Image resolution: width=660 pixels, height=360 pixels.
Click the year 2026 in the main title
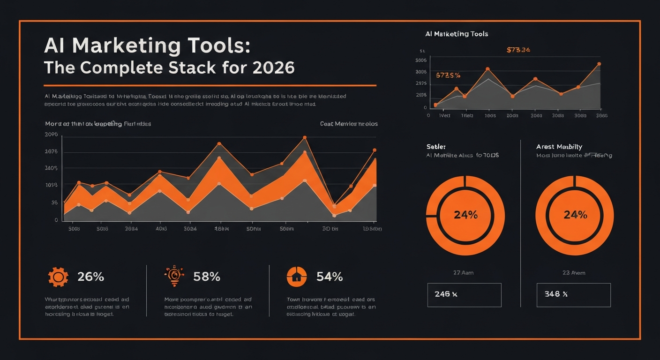click(x=273, y=68)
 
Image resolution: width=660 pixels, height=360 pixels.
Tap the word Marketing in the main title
click(x=127, y=46)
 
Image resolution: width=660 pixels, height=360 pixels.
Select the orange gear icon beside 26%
click(x=58, y=277)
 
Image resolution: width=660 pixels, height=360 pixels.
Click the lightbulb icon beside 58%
click(x=174, y=277)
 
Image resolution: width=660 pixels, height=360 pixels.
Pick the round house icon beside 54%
click(x=296, y=277)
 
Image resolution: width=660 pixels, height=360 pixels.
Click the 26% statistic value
click(x=90, y=277)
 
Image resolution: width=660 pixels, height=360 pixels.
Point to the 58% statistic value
click(x=207, y=277)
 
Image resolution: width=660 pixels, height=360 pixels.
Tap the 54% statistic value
click(x=330, y=277)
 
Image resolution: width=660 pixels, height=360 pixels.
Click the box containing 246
click(x=464, y=295)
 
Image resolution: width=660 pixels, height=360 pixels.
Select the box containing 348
click(x=573, y=295)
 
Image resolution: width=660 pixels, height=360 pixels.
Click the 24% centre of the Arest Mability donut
click(x=575, y=215)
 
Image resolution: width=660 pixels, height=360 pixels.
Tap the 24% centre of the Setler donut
click(x=465, y=215)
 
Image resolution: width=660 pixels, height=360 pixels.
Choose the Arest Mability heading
click(x=559, y=147)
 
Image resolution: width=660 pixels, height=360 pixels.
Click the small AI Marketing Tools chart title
click(x=457, y=34)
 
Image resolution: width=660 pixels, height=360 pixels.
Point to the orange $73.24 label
click(x=518, y=50)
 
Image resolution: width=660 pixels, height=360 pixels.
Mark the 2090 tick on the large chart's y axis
click(x=51, y=135)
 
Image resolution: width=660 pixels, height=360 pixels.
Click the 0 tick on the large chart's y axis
click(x=56, y=220)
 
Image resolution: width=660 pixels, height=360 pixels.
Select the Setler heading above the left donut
click(x=435, y=147)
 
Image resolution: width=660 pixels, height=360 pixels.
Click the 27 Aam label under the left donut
click(x=463, y=272)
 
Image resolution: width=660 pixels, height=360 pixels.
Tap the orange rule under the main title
click(x=210, y=86)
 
